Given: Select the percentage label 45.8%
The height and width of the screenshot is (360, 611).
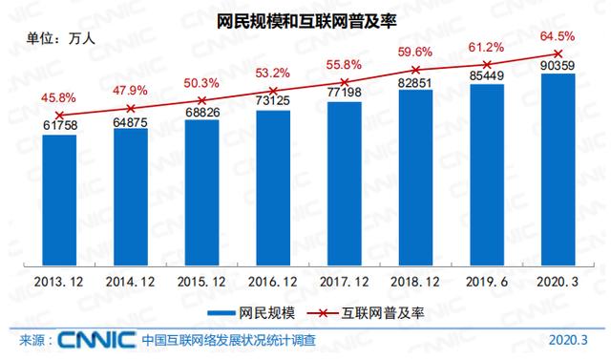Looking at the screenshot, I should coord(59,96).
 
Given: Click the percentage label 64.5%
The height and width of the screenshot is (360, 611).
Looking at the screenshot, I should coord(558,36).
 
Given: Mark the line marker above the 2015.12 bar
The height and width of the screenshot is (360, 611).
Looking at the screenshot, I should coord(201,100).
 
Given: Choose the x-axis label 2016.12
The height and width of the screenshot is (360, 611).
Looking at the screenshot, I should coord(272,284).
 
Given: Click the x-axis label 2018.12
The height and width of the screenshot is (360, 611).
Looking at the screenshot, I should coord(415,284).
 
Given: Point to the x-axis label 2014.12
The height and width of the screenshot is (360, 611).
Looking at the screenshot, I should coord(130,284).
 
